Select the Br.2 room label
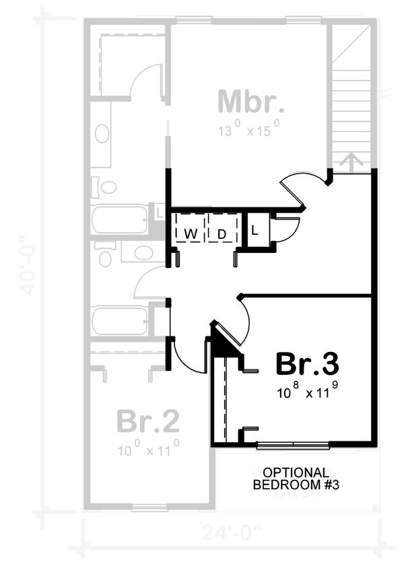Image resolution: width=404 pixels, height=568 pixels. click(x=148, y=421)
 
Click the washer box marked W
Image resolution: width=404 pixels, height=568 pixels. click(x=191, y=234)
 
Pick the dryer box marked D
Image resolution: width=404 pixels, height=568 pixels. click(x=221, y=234)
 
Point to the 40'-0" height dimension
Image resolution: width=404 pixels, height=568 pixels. click(x=27, y=264)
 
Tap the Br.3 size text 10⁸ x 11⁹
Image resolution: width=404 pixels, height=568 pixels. click(x=307, y=392)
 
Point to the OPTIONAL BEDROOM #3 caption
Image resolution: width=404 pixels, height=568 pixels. click(x=291, y=478)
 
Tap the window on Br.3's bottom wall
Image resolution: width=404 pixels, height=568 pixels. click(x=293, y=444)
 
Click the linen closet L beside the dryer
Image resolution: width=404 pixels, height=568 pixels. click(x=255, y=231)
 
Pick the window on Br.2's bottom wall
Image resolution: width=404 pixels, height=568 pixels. click(x=149, y=507)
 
